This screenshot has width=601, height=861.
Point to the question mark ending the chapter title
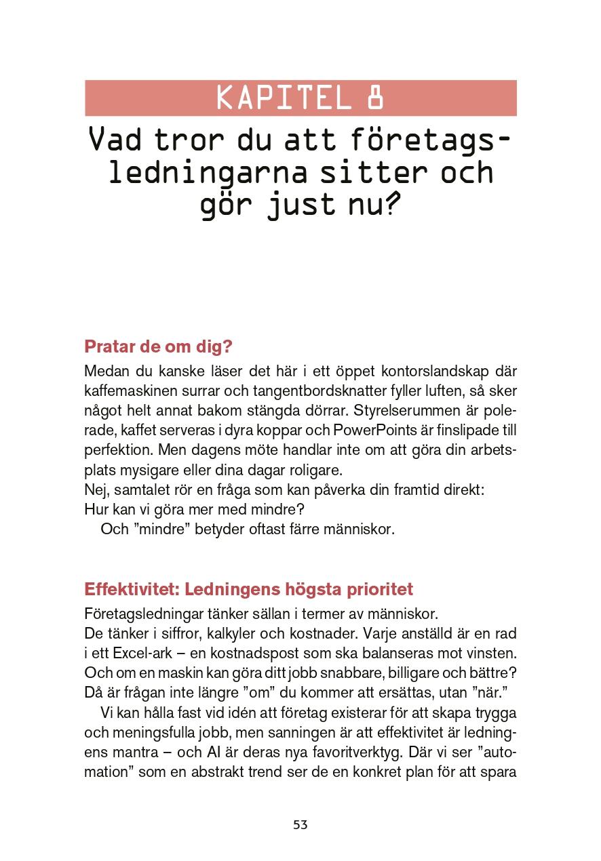389,205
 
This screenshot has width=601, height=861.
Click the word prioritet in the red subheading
381,588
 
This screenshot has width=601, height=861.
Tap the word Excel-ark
144,653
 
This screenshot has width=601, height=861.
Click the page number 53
300,825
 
